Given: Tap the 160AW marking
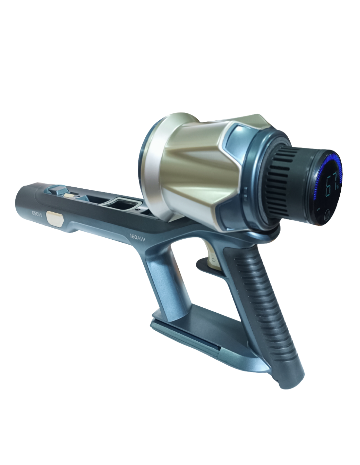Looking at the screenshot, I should point(137,237).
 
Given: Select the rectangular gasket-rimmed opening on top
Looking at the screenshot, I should point(121,203).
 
